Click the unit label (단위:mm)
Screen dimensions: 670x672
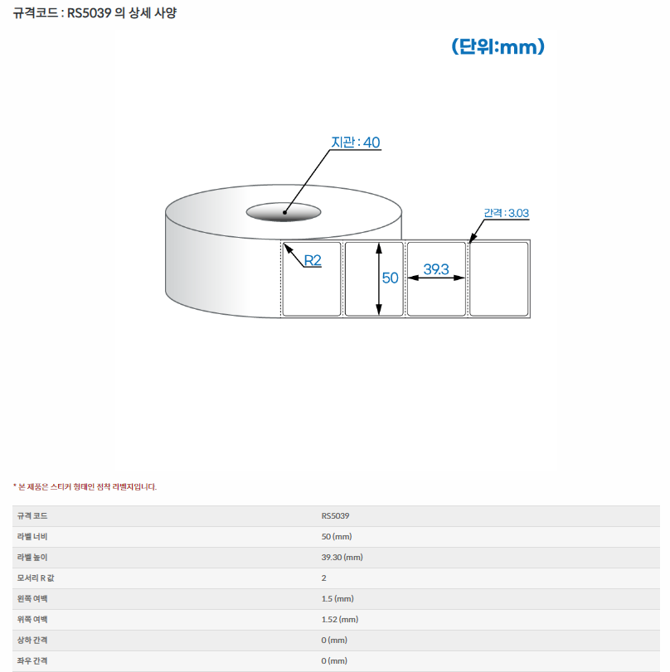(x=498, y=46)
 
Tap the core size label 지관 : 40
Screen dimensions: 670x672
(x=356, y=143)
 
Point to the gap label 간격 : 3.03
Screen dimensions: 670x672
(x=506, y=213)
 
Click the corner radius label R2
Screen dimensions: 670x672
(x=313, y=260)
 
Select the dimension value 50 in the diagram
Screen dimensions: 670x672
(x=391, y=278)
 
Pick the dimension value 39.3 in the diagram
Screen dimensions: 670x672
(x=436, y=269)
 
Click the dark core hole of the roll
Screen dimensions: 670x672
(x=284, y=212)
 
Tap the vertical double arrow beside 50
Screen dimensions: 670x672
(x=379, y=279)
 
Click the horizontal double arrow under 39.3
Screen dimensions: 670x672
(x=436, y=278)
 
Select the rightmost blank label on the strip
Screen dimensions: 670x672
(x=499, y=279)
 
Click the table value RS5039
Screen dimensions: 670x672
(x=336, y=516)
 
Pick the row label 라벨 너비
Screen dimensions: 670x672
(x=32, y=537)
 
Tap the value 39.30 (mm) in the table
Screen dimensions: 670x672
(x=342, y=557)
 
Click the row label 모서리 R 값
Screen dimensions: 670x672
(x=36, y=578)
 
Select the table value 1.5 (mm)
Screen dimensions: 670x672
(x=337, y=599)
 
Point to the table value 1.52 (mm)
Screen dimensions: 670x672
(x=340, y=619)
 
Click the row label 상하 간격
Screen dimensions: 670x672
(x=32, y=641)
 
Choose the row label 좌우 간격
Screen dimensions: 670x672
(x=32, y=661)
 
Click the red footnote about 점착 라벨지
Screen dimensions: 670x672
(x=85, y=487)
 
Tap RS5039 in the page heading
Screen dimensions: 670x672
(x=90, y=13)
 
